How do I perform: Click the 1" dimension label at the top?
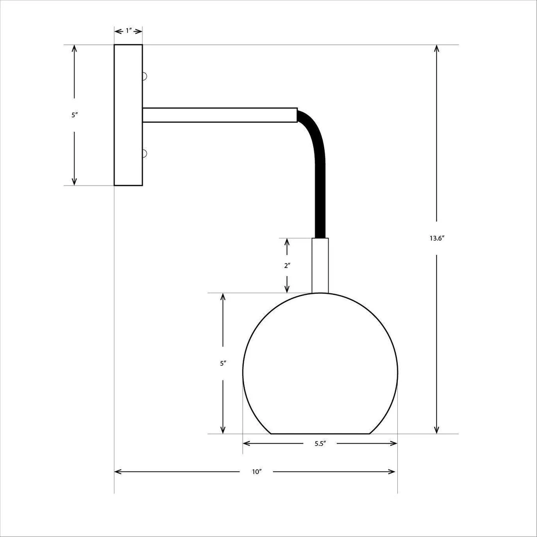coord(128,31)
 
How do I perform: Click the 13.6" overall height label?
coord(437,238)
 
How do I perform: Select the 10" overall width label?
coord(257,472)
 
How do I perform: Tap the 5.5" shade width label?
coord(320,444)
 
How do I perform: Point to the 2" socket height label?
coord(287,266)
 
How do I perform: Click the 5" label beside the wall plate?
coord(75,115)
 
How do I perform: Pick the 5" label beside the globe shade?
coord(223,363)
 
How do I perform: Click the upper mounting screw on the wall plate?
coord(144,77)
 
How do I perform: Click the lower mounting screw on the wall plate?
coord(144,154)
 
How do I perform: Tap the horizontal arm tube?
coord(219,115)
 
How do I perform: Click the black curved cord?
coord(318,164)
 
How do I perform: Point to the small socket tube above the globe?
coord(320,266)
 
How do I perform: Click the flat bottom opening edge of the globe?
coord(320,434)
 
